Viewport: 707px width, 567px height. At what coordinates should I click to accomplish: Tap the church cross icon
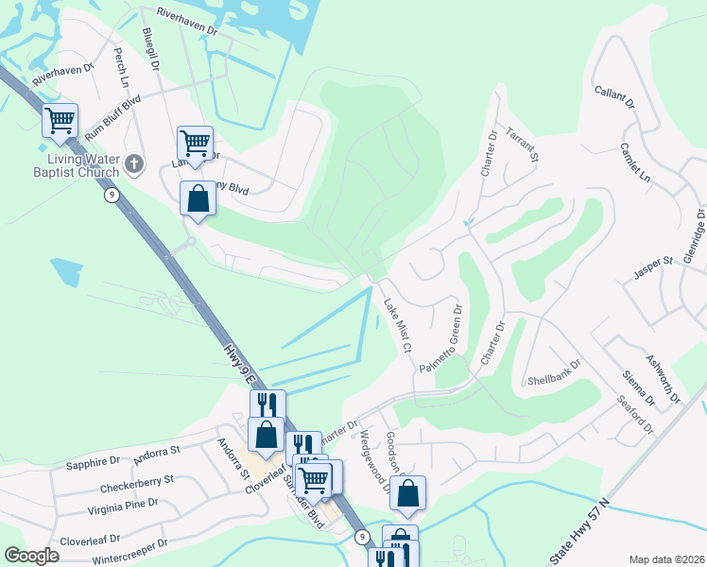point(134,164)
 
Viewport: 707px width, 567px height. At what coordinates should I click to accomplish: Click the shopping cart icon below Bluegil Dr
point(195,144)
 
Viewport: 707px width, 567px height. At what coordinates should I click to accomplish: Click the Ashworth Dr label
point(662,378)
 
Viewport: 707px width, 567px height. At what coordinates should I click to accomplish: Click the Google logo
point(31,556)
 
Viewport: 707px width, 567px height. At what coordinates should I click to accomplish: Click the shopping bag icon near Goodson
point(407,492)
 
